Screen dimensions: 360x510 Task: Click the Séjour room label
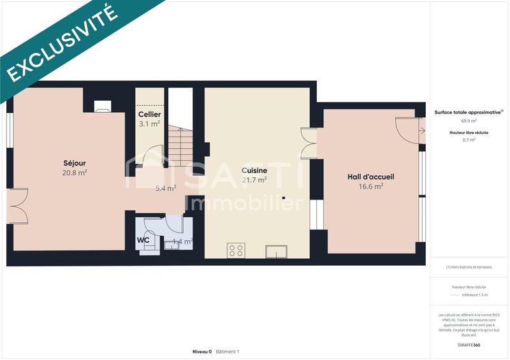[x=75, y=162]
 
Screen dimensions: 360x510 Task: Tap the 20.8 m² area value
[x=75, y=172]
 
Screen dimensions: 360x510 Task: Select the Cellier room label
[x=150, y=114]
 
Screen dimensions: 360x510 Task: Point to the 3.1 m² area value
[x=150, y=124]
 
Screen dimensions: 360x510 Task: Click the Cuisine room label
[x=254, y=171]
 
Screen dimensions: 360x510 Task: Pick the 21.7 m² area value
[x=254, y=180]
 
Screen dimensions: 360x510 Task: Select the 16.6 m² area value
[x=370, y=186]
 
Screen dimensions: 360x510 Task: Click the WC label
[x=143, y=241]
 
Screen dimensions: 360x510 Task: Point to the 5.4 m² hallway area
[x=166, y=188]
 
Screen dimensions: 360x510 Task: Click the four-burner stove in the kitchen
[x=235, y=250]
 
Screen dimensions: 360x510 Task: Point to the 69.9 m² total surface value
[x=469, y=120]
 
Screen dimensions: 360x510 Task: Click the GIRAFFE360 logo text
[x=469, y=345]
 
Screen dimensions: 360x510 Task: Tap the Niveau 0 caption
[x=201, y=352]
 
